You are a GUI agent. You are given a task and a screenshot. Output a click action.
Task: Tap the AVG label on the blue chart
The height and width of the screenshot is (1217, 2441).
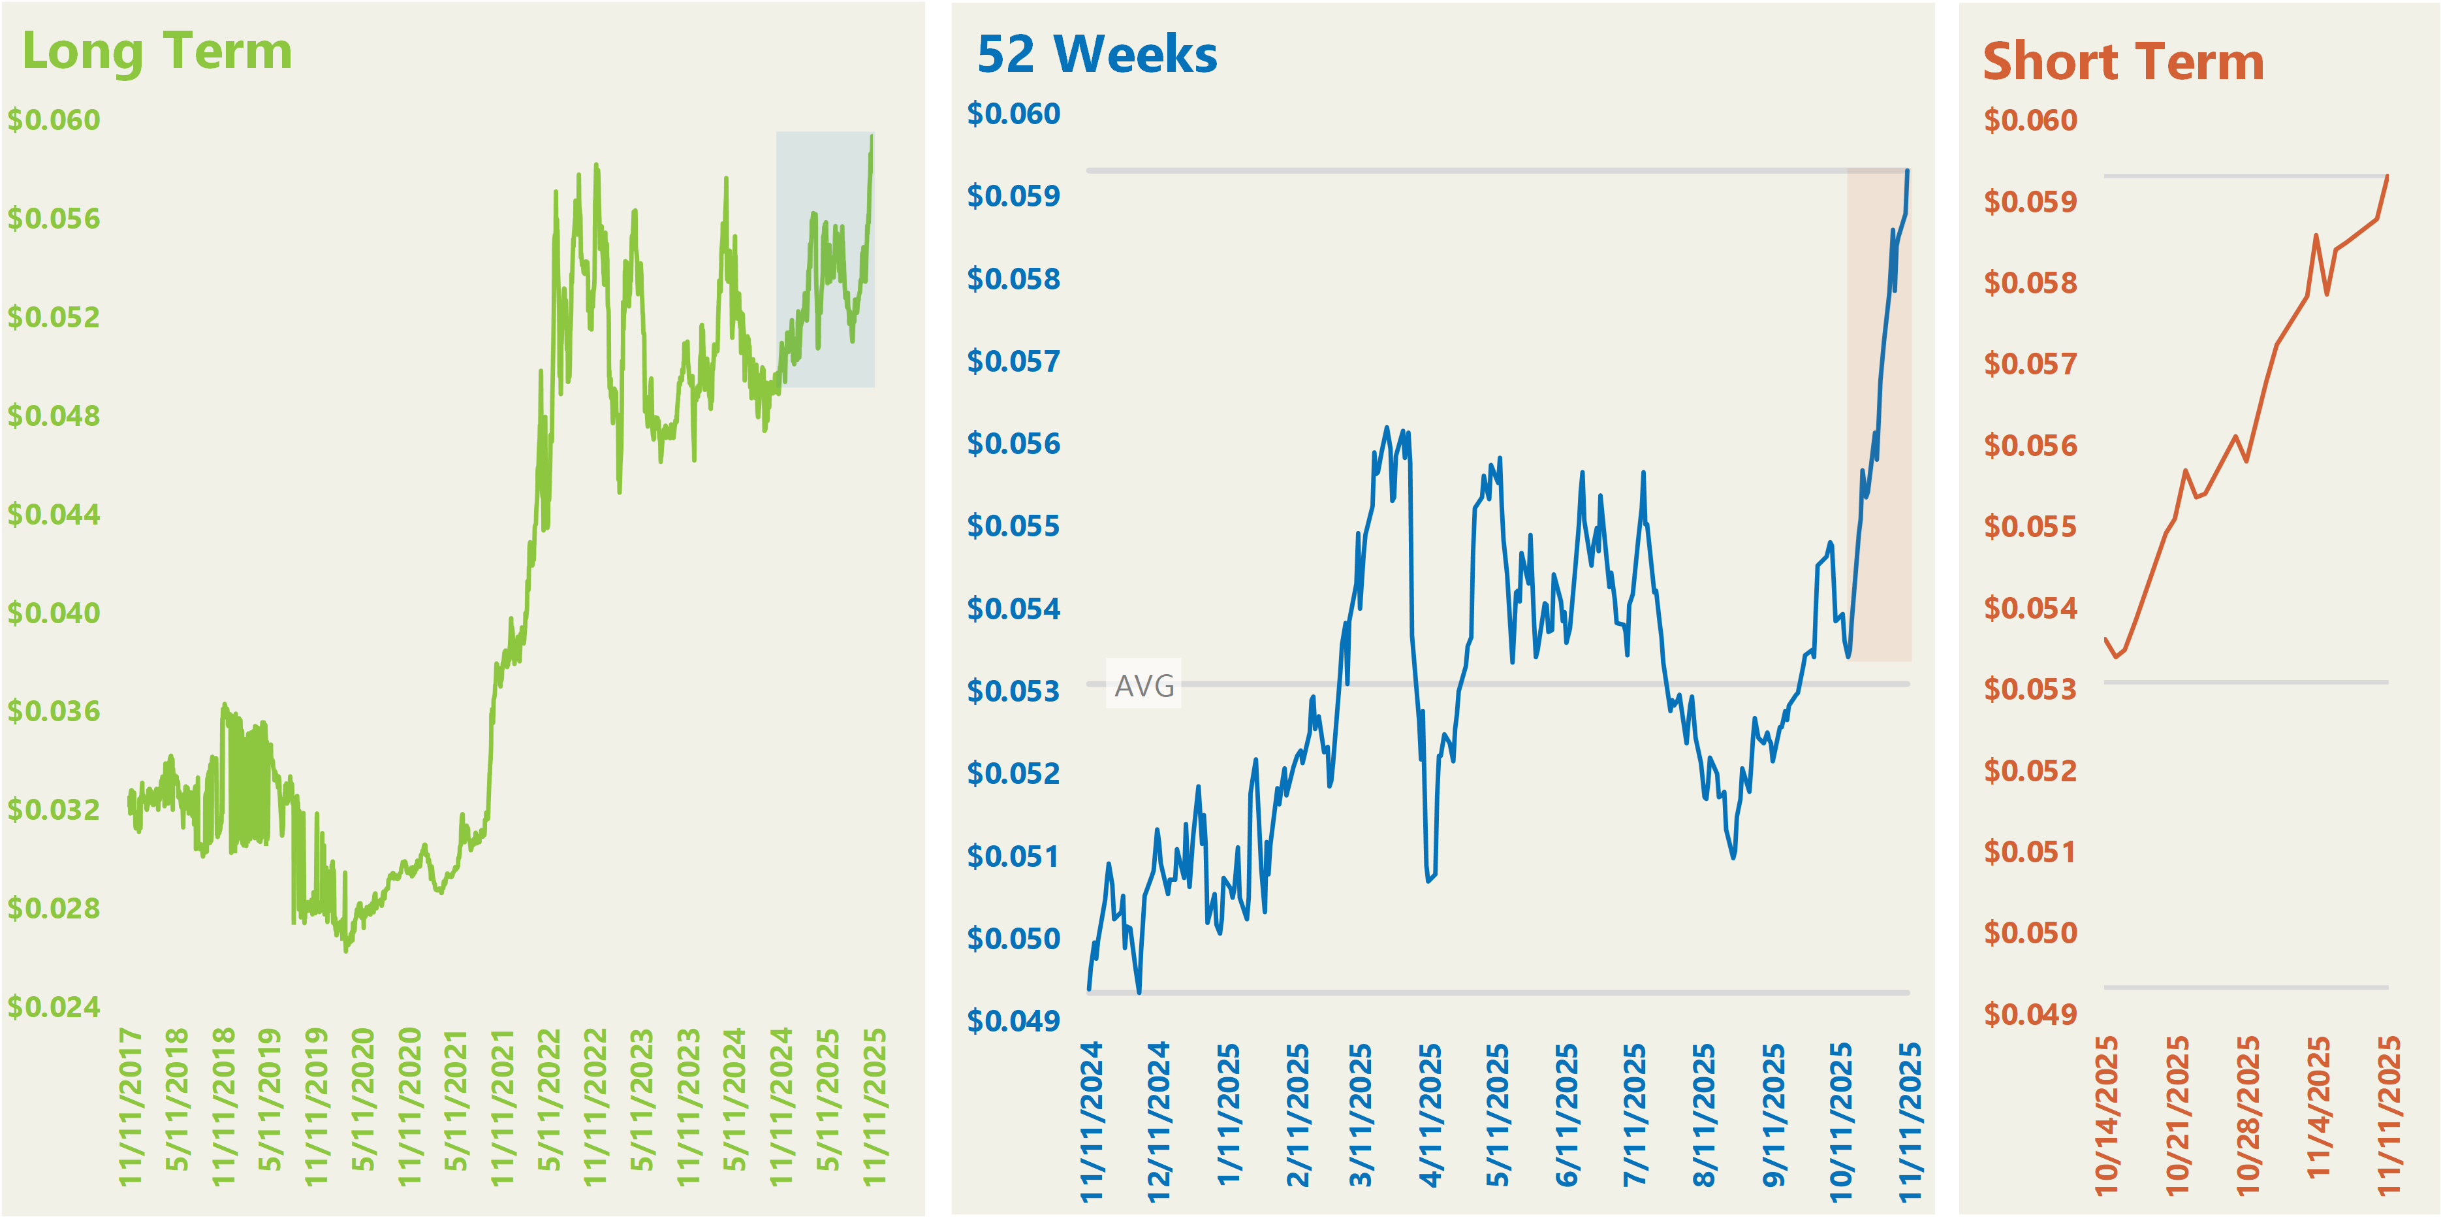[1144, 685]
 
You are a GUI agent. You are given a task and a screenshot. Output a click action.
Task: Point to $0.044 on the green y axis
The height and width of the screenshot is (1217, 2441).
[54, 515]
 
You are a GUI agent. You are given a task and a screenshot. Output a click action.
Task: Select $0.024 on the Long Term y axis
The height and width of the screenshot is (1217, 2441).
[54, 1007]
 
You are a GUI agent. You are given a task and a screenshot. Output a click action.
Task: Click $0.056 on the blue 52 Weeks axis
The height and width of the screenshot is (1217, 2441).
[1013, 444]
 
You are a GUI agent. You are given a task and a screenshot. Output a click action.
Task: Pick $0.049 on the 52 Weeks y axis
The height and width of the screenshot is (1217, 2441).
[1013, 1021]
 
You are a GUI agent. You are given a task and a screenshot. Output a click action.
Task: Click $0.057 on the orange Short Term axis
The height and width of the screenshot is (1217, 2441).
[2030, 364]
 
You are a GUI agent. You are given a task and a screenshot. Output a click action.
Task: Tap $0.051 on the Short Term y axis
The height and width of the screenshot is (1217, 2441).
[2030, 852]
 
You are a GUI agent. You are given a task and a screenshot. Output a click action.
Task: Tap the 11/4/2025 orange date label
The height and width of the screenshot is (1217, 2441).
[2318, 1109]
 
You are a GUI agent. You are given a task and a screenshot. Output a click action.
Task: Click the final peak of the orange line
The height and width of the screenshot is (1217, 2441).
[2387, 176]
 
